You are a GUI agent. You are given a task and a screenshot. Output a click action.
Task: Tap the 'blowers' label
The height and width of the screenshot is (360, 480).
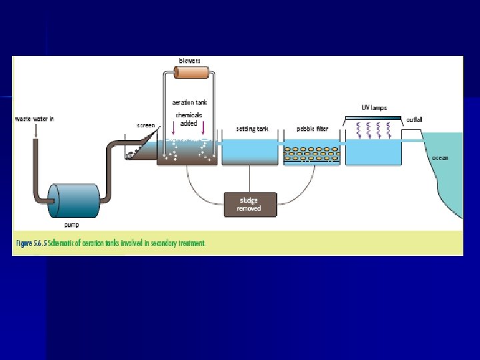coord(190,61)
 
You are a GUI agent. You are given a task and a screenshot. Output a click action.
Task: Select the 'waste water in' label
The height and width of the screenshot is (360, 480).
coord(34,119)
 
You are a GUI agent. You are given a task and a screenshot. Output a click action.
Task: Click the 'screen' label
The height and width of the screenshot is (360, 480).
coord(145,125)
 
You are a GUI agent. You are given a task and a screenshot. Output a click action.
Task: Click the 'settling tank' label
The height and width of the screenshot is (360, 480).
coord(252,129)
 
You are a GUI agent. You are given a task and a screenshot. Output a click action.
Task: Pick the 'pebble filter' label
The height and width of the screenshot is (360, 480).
coord(311,129)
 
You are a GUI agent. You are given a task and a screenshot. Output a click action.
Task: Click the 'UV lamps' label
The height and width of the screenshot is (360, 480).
coord(374,107)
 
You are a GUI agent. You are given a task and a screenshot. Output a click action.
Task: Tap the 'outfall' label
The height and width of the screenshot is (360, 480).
coord(414,120)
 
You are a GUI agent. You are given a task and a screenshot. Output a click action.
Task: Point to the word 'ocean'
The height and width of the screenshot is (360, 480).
coord(441,157)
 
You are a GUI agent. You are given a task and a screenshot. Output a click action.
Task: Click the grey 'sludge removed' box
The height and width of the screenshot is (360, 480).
coord(249,203)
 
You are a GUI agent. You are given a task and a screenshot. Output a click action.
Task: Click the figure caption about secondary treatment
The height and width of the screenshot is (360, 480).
coord(110,243)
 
